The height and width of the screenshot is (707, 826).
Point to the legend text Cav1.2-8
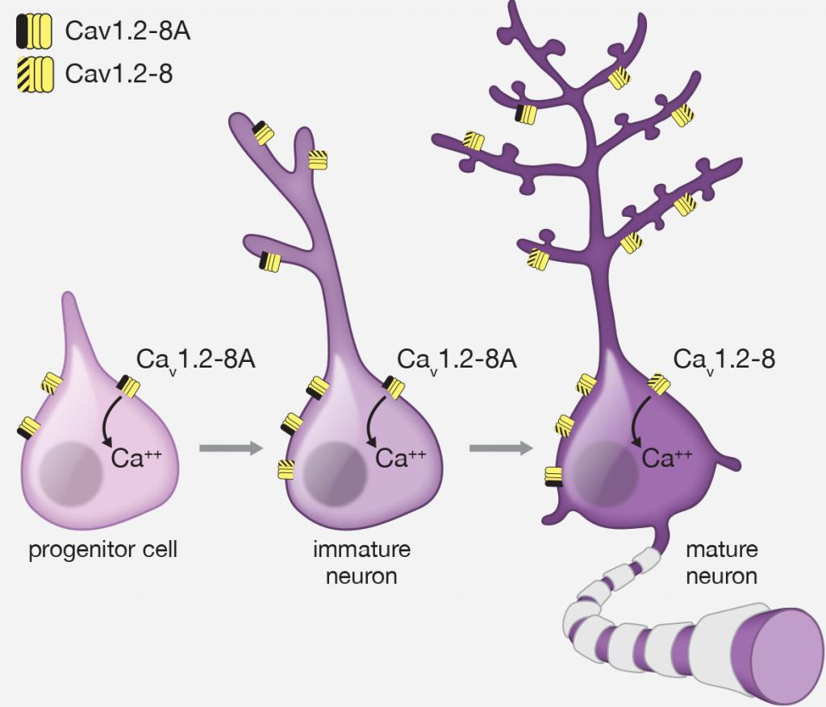click(x=119, y=75)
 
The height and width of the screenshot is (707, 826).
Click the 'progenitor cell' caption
click(x=102, y=551)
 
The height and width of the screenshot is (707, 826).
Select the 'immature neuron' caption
click(x=362, y=563)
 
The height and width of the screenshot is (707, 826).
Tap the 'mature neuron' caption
click(x=721, y=564)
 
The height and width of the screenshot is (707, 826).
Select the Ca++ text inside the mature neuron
click(x=667, y=458)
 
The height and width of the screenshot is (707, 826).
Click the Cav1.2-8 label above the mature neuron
click(x=724, y=359)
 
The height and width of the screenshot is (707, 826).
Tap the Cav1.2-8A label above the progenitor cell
click(x=198, y=359)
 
